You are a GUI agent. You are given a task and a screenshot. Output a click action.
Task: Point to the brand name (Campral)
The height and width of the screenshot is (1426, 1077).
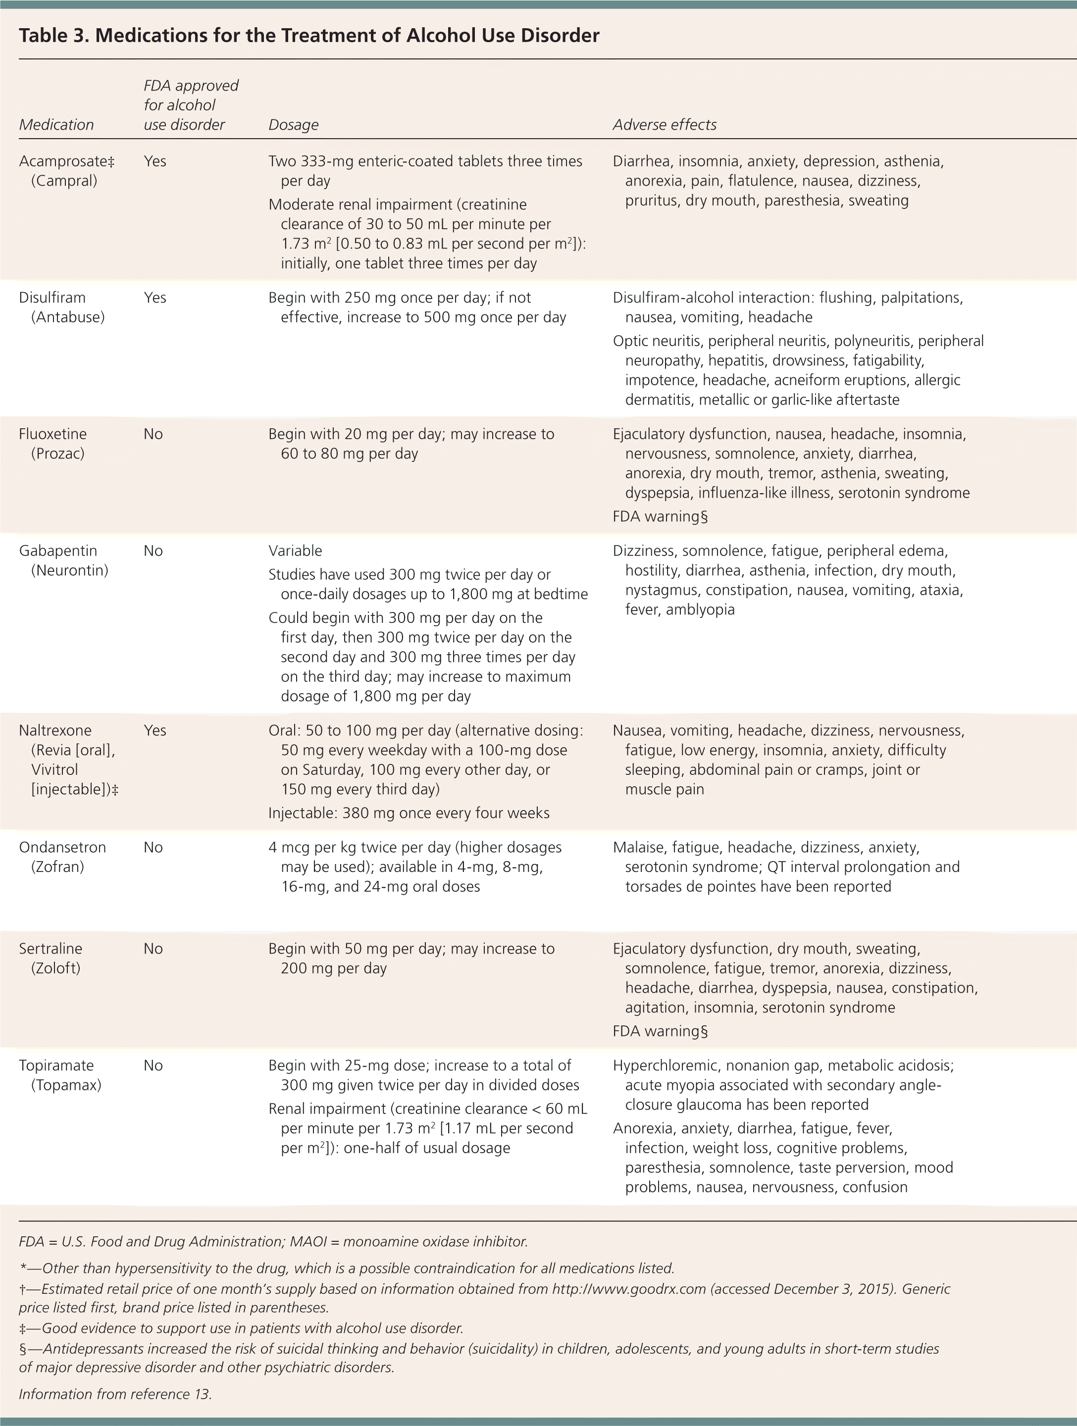coord(64,181)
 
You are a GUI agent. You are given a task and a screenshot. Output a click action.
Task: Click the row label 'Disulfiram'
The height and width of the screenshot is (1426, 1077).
coord(52,298)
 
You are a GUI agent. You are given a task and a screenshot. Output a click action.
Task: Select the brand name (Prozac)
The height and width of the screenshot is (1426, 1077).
coord(57,454)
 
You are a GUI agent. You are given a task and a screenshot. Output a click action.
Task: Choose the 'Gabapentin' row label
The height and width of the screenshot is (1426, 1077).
coord(58,551)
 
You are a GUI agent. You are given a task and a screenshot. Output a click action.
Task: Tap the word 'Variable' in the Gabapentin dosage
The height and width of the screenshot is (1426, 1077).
coord(295,551)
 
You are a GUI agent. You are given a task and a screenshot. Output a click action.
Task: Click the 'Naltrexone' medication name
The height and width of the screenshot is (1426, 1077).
coord(55,731)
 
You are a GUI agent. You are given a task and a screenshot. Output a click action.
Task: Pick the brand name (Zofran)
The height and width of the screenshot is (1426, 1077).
coord(57,867)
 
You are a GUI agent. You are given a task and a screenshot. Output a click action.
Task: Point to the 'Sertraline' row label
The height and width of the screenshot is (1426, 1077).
coord(51,949)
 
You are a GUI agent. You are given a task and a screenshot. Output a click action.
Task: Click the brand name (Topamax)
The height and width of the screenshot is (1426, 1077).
coord(66,1085)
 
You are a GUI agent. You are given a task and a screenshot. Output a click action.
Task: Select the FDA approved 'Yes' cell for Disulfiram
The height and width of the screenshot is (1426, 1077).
coord(154,298)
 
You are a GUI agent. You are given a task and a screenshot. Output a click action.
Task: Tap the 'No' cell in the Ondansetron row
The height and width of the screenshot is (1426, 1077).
coord(153,848)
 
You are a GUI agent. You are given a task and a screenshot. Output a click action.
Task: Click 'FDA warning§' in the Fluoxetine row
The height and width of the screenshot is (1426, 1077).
coord(660,517)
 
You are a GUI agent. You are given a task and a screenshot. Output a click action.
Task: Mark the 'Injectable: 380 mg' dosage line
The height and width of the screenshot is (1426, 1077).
coord(409,814)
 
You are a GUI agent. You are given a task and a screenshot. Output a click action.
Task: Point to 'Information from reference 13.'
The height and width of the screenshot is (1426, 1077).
coord(115,1394)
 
